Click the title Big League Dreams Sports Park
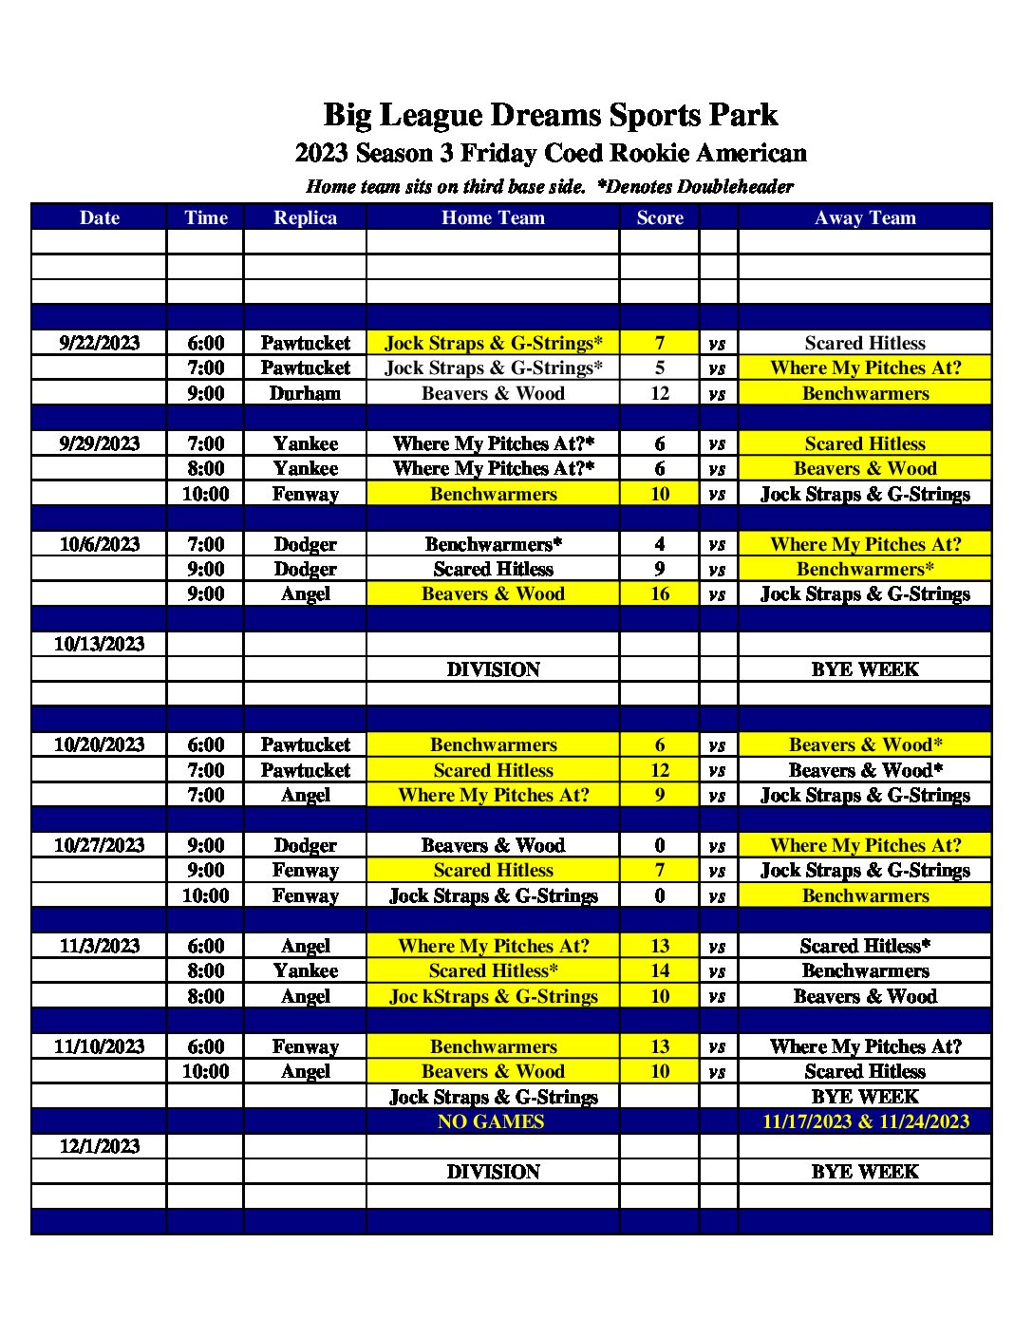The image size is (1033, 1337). (550, 116)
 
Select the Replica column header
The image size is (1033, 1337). (305, 217)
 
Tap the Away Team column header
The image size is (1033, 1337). (865, 217)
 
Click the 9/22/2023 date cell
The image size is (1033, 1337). (99, 343)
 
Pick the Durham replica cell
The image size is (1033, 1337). (305, 393)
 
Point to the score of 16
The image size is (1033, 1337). (660, 594)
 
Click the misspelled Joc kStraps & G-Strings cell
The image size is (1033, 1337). (493, 996)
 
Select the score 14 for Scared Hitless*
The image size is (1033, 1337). (660, 970)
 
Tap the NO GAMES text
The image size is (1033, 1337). (491, 1121)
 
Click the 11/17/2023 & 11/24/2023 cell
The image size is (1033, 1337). (865, 1121)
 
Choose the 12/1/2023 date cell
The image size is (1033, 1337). (99, 1146)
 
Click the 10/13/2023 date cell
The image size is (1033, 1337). (99, 644)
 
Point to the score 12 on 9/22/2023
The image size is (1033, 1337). (660, 393)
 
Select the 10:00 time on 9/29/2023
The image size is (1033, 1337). (205, 494)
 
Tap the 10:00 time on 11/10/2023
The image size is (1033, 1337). (205, 1071)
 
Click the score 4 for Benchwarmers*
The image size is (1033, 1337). (660, 544)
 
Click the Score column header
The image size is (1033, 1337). (660, 217)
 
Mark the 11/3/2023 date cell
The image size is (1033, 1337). (99, 946)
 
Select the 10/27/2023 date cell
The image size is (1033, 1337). (99, 845)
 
